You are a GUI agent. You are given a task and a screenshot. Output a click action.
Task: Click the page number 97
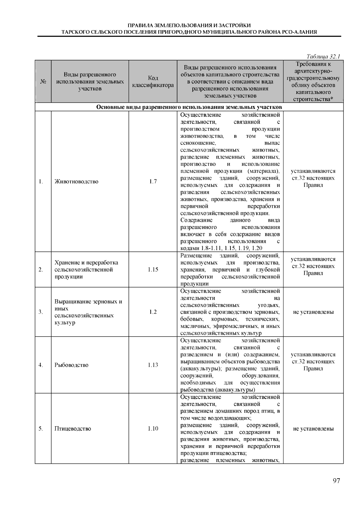point(336,481)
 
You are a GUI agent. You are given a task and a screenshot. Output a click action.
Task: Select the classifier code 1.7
point(153,182)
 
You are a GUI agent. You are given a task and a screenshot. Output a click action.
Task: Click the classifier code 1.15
point(153,270)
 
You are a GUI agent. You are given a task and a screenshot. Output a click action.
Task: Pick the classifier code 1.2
point(153,312)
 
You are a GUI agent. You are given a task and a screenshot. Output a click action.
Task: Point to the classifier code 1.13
point(153,365)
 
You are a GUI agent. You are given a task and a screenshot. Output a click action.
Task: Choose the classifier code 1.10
point(153,429)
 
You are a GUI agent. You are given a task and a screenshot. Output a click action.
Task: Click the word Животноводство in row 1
point(77,182)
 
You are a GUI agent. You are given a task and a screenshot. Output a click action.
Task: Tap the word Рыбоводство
point(72,365)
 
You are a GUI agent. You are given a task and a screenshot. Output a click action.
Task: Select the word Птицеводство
point(73,429)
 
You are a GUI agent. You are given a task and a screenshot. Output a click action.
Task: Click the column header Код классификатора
point(153,81)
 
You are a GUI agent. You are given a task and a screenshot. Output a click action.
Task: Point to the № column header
point(43,81)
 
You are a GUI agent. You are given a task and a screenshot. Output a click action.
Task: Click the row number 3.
point(41,312)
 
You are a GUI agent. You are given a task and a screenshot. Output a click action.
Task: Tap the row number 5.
point(41,429)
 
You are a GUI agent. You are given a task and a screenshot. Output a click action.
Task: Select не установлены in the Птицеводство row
point(313,429)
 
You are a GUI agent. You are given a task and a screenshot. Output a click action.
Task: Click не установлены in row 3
point(313,312)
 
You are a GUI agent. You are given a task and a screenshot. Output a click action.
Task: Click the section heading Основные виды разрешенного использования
point(189,107)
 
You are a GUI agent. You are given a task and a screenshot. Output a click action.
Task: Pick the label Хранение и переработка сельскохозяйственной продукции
point(86,270)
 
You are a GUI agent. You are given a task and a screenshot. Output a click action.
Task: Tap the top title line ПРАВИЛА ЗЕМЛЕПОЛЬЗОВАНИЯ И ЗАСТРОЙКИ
point(189,25)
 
